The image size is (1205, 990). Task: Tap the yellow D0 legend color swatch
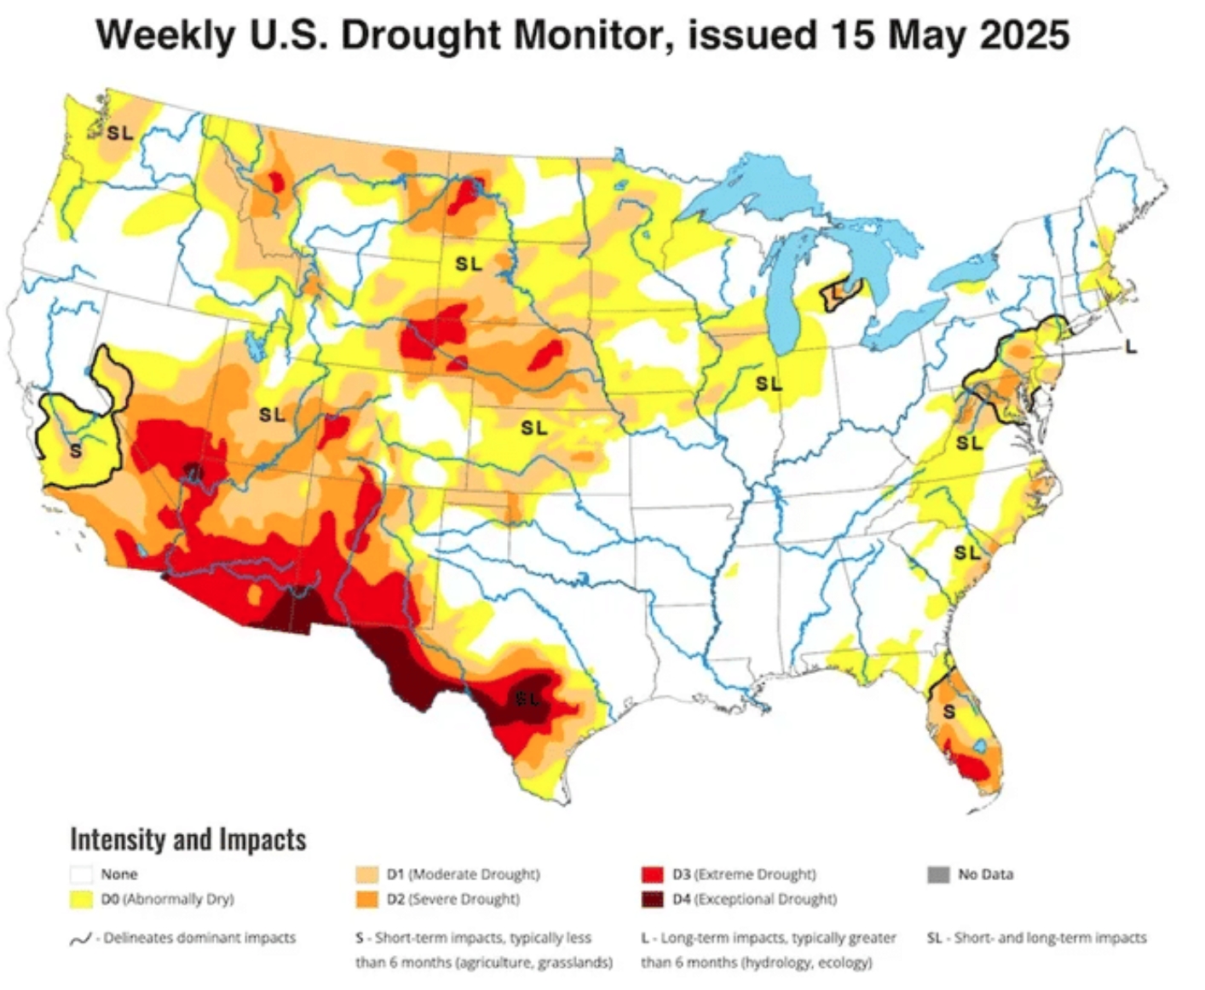(x=82, y=899)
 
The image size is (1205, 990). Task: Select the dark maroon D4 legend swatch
(x=652, y=899)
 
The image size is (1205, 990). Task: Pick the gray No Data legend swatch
(x=937, y=874)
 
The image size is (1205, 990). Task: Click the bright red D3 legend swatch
(x=652, y=874)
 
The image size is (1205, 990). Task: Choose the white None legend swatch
(x=82, y=874)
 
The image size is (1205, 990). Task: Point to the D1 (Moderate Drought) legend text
(x=463, y=874)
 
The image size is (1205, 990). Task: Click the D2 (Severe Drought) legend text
(x=463, y=899)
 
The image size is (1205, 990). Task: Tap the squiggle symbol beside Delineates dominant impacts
(x=80, y=939)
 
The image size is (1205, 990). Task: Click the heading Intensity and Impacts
(x=187, y=839)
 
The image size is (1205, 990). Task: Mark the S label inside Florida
(x=948, y=711)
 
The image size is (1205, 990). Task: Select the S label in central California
(x=75, y=450)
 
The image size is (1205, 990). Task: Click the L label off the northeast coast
(x=1130, y=347)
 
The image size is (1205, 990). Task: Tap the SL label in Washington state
(x=120, y=133)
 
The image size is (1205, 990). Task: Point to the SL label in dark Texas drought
(x=528, y=699)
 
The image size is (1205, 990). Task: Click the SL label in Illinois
(x=769, y=384)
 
